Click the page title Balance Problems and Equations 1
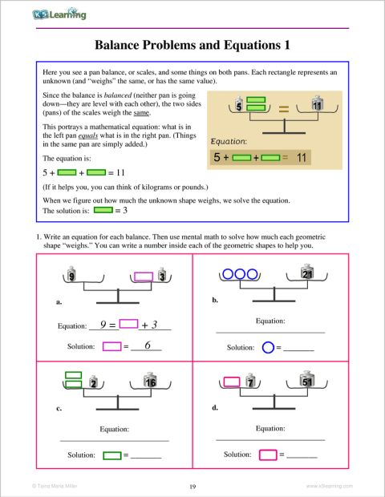click(192, 46)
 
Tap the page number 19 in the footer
click(192, 486)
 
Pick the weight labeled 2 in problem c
click(94, 383)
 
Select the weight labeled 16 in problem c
click(150, 382)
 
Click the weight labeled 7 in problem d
click(251, 383)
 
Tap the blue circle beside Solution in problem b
click(268, 348)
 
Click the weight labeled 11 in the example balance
click(317, 106)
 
